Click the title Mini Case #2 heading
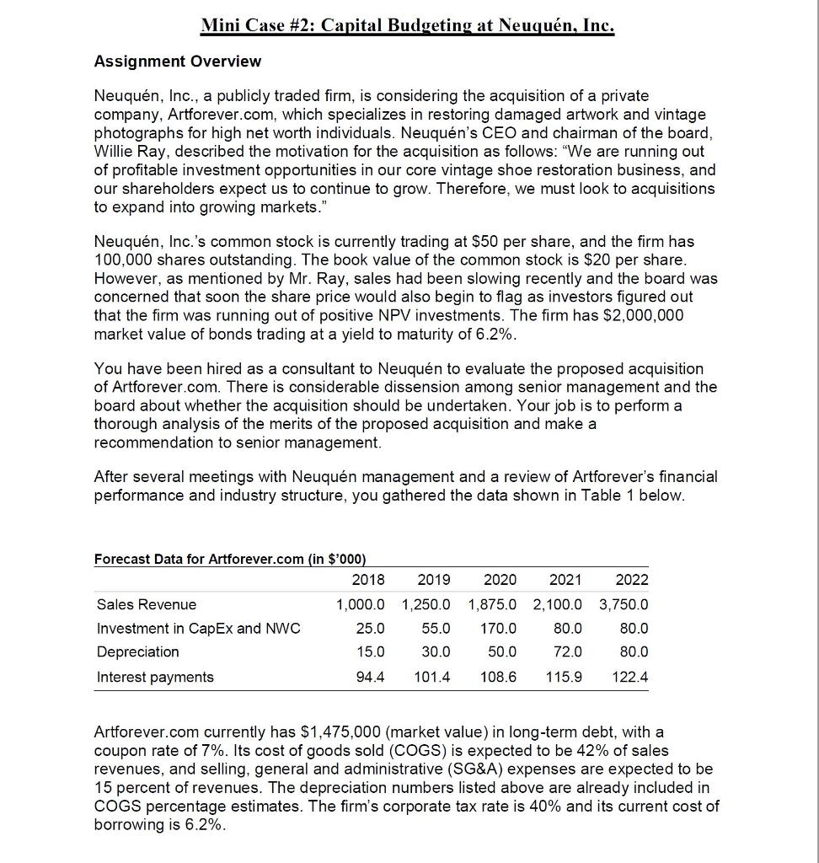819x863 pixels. click(408, 25)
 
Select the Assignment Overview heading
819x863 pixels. click(177, 62)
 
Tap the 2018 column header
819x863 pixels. click(367, 580)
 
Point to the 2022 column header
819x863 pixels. click(632, 580)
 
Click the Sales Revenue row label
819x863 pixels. click(147, 604)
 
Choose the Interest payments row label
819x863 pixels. click(155, 677)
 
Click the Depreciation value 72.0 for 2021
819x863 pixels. click(567, 651)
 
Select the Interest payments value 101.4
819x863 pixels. click(432, 677)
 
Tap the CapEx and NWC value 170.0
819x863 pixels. click(500, 628)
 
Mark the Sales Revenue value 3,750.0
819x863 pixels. click(624, 604)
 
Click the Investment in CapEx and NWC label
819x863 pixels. click(198, 628)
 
